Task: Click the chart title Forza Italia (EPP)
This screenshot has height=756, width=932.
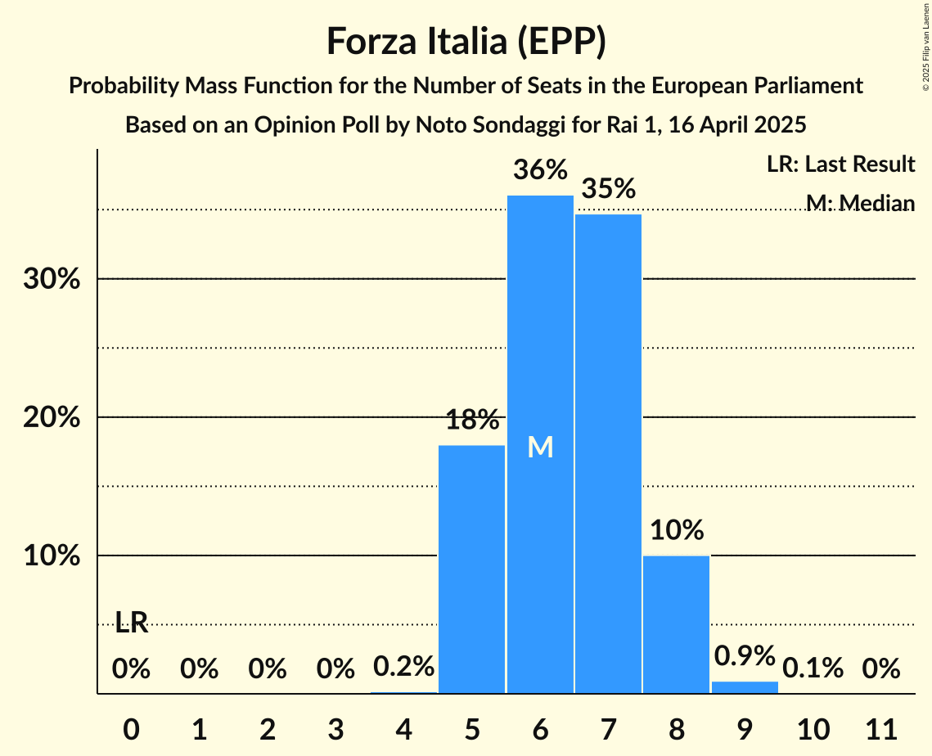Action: (466, 42)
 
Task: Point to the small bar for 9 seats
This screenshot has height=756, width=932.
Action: (745, 687)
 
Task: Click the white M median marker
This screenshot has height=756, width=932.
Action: (540, 447)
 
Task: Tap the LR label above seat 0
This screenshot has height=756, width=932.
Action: (131, 623)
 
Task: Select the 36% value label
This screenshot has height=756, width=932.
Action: (540, 170)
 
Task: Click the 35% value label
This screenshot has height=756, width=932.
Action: (608, 189)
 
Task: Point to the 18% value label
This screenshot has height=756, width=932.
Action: (472, 421)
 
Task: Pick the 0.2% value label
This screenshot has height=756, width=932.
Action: (403, 667)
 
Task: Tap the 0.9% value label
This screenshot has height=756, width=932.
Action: (745, 655)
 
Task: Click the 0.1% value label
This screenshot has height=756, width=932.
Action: (813, 668)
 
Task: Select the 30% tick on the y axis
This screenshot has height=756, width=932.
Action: (52, 279)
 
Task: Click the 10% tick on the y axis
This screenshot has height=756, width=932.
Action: (52, 556)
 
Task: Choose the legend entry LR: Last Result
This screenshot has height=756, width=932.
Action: (840, 164)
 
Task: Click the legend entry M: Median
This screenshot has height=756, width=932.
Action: (860, 202)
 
